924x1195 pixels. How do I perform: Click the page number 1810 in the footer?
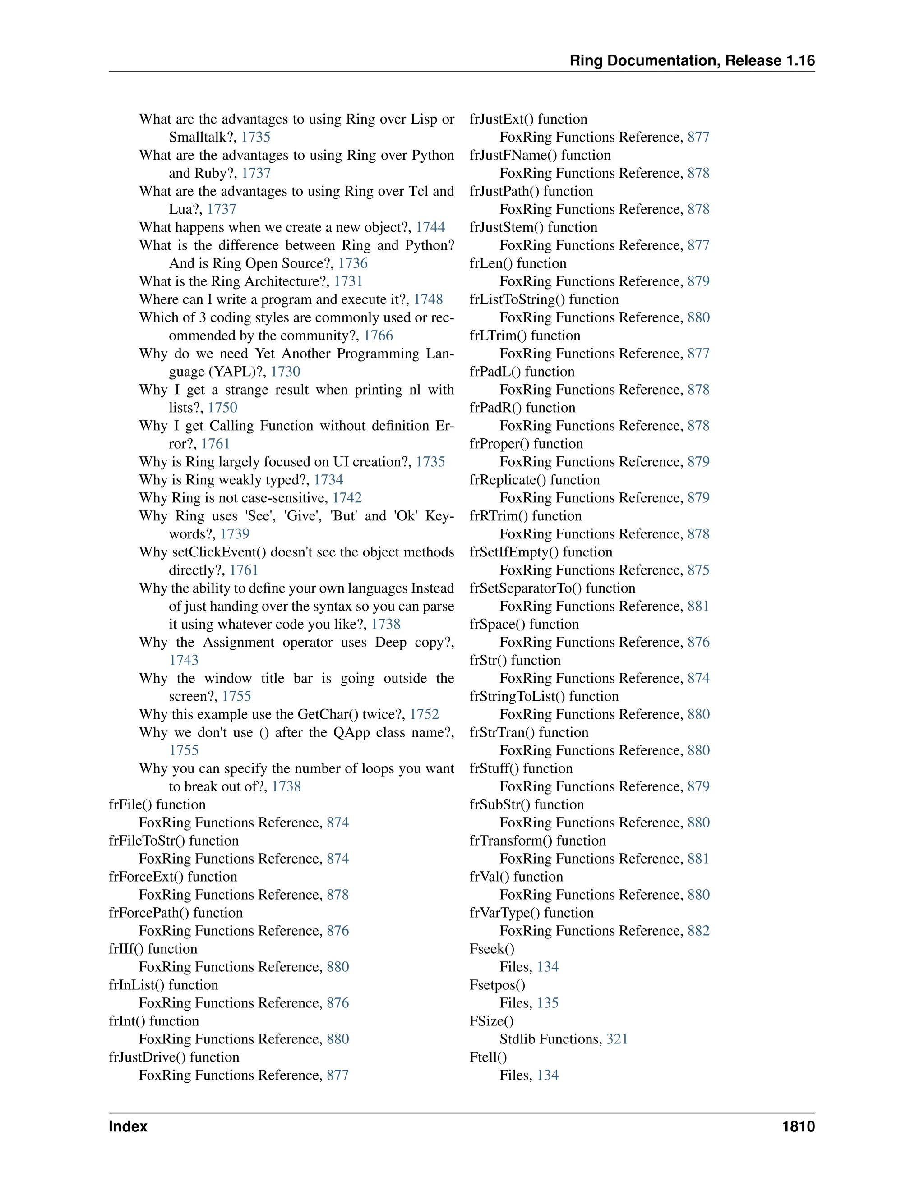click(x=798, y=1126)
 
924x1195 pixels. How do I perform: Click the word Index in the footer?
click(x=128, y=1126)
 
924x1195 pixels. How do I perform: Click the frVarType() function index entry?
click(x=531, y=913)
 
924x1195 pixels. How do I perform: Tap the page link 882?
click(x=698, y=931)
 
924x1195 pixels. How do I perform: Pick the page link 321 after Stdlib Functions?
click(x=617, y=1039)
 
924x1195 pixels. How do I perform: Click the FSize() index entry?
click(x=491, y=1021)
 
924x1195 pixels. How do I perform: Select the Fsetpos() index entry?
click(x=497, y=985)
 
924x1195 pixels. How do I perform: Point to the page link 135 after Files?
click(x=547, y=1003)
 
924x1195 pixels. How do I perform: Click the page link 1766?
click(x=378, y=336)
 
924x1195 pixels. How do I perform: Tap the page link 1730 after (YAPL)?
click(x=285, y=372)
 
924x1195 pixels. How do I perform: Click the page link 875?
click(x=698, y=570)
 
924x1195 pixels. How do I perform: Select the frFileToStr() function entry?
click(x=174, y=841)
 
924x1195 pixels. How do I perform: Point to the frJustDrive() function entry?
click(x=174, y=1057)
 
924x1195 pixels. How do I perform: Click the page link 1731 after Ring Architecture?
click(x=348, y=281)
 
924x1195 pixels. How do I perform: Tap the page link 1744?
click(x=430, y=227)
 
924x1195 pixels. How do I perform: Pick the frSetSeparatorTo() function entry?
click(x=552, y=588)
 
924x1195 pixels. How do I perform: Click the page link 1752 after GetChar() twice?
click(x=424, y=714)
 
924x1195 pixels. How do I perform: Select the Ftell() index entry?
click(x=488, y=1057)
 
